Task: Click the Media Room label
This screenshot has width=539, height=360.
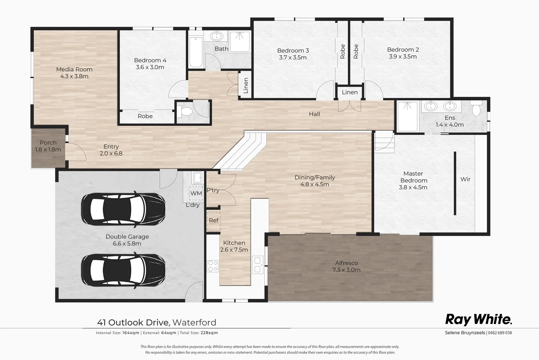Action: click(74, 69)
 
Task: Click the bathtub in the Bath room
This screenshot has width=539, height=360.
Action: click(196, 53)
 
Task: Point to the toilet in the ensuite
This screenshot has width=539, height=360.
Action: click(476, 109)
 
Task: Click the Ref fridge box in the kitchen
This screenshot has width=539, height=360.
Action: click(214, 221)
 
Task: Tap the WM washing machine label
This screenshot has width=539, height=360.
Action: click(196, 193)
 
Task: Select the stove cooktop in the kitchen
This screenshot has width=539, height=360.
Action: click(213, 266)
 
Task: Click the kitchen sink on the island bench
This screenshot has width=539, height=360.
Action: click(258, 265)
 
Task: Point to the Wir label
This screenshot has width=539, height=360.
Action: click(465, 179)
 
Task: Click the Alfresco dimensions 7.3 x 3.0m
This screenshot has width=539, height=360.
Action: click(346, 270)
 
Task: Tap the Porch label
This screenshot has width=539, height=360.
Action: click(48, 143)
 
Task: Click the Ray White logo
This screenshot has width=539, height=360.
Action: click(478, 319)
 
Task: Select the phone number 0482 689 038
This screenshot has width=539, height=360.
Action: click(500, 333)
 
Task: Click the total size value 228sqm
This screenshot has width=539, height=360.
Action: click(209, 333)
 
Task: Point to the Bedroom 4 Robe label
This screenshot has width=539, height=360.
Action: click(145, 116)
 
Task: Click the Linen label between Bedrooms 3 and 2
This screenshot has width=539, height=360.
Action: click(350, 92)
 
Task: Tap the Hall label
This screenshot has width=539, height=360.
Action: click(314, 114)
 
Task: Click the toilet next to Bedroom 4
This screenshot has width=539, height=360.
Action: click(185, 111)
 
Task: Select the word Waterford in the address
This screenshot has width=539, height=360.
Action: click(194, 323)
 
